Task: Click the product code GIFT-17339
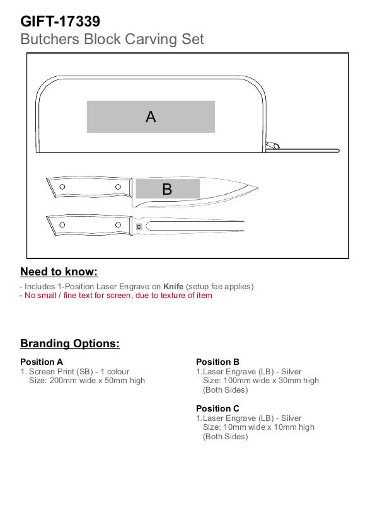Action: (61, 21)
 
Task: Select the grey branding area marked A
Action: (151, 117)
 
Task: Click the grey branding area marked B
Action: (168, 188)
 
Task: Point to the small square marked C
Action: (139, 227)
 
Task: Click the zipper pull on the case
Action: (272, 146)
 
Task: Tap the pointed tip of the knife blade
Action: (258, 188)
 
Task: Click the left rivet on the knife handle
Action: (62, 187)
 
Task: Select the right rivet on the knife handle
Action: (118, 187)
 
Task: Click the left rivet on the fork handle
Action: (62, 225)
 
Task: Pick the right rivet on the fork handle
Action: (118, 225)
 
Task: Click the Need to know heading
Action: (59, 272)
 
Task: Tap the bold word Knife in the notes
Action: (173, 286)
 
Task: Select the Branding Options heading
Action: (70, 343)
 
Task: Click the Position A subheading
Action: (42, 362)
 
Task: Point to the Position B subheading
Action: (218, 362)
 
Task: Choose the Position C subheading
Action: (218, 408)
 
